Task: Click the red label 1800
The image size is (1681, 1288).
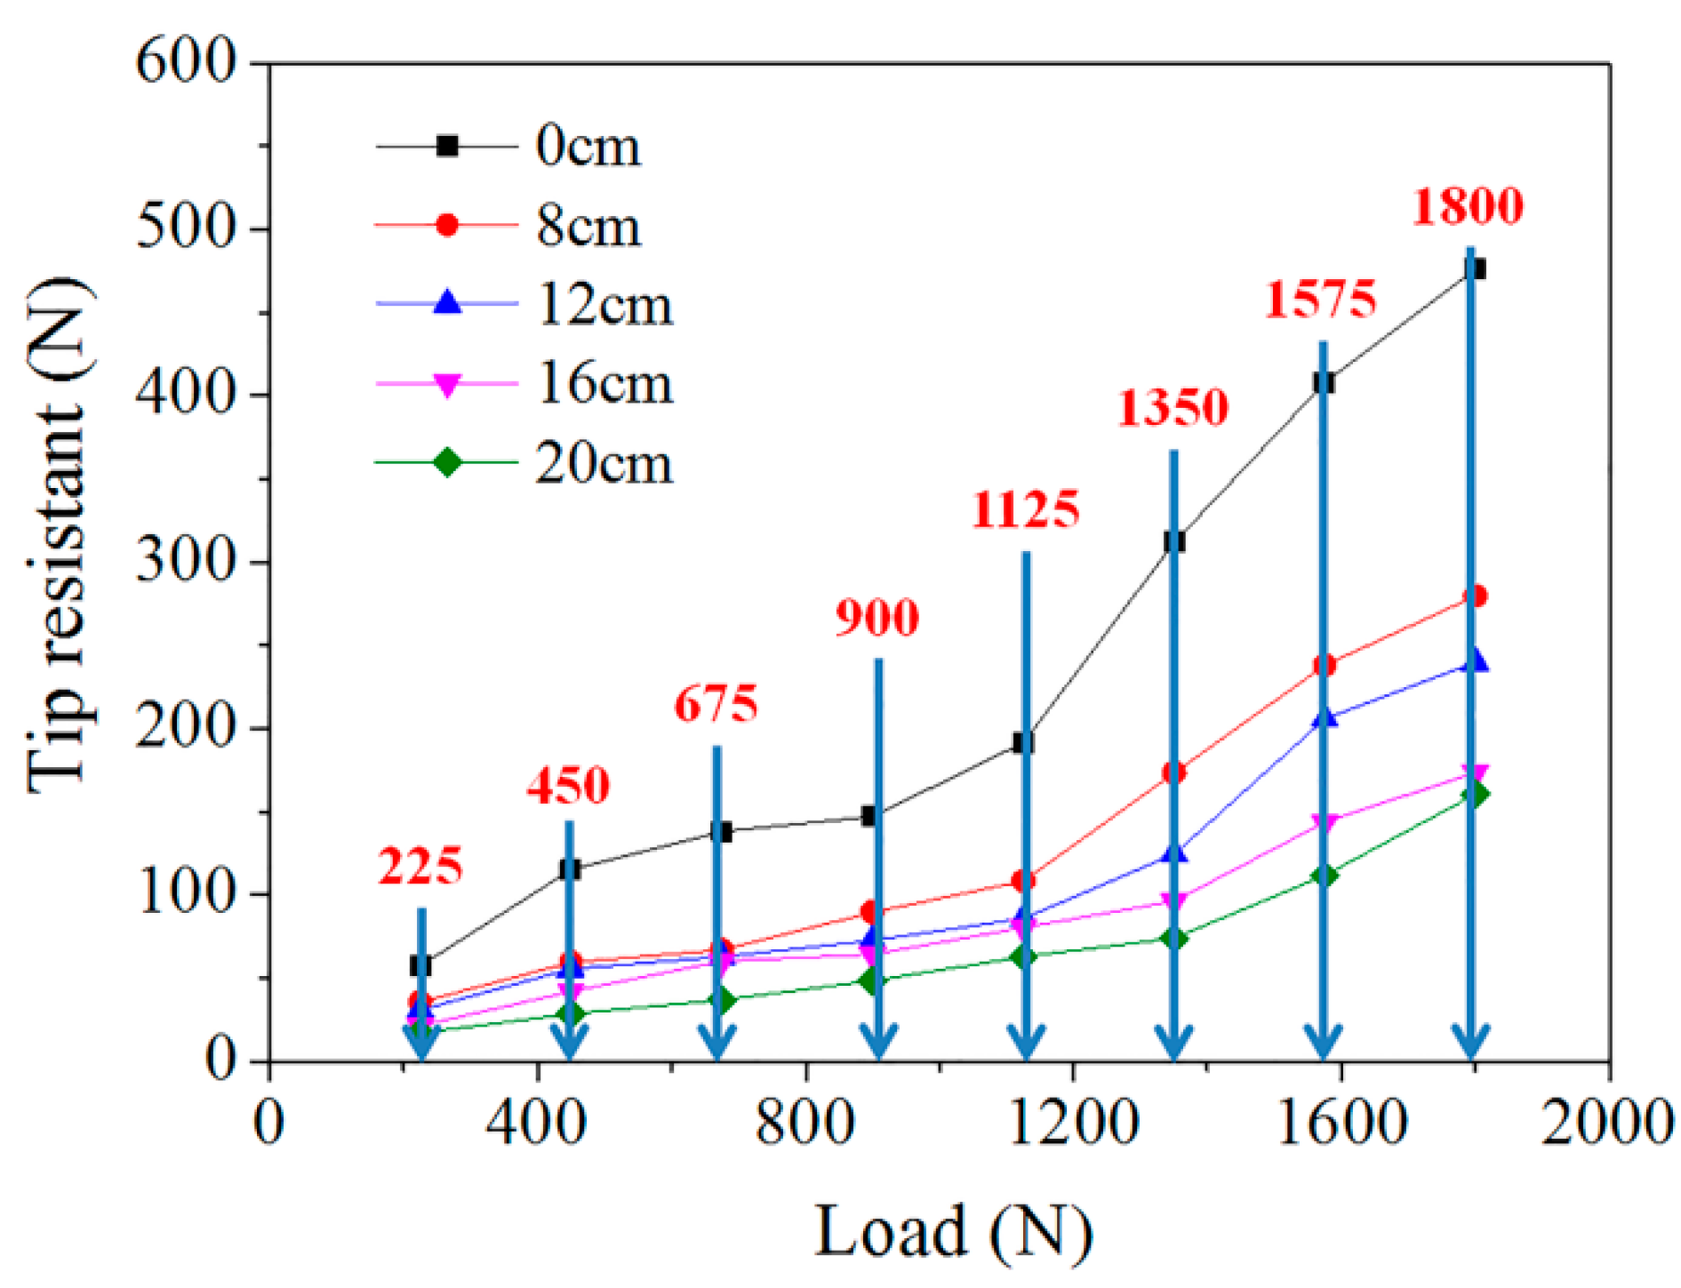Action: (x=1468, y=205)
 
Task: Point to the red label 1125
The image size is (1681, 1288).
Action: (x=1025, y=509)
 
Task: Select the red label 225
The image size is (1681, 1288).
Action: (x=420, y=866)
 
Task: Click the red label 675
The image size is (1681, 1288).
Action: (x=716, y=704)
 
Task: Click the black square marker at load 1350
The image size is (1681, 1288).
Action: (x=1174, y=541)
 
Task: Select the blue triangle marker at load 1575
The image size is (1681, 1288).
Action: (x=1325, y=716)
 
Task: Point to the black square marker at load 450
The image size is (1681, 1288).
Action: (x=570, y=869)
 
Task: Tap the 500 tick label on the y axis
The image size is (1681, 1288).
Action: (x=186, y=228)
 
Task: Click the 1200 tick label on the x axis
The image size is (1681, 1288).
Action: (x=1073, y=1123)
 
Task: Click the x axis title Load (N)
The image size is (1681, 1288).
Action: (x=953, y=1231)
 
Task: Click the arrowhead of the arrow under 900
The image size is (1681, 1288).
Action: (x=878, y=1042)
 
